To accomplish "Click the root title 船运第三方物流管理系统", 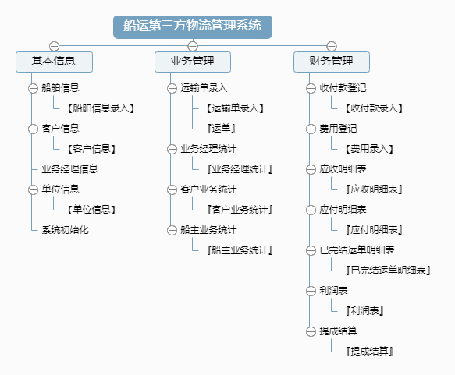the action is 193,27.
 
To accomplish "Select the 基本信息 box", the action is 55,62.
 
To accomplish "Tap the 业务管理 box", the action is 193,62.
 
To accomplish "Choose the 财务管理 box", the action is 332,62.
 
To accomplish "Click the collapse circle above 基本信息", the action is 55,46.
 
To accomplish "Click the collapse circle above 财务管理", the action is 332,46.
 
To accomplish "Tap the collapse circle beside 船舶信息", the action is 33,88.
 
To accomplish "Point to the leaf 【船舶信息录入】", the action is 101,108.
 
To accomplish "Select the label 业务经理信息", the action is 69,169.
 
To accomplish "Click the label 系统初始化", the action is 65,230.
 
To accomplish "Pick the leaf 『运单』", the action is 221,129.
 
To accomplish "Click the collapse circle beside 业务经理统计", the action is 172,149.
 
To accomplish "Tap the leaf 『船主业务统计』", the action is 240,250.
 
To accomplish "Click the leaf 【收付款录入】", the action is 374,108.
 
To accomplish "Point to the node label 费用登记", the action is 338,129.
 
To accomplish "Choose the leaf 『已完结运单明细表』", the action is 388,271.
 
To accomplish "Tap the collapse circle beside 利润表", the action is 311,291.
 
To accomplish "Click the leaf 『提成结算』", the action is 369,352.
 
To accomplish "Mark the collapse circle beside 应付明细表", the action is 311,210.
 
